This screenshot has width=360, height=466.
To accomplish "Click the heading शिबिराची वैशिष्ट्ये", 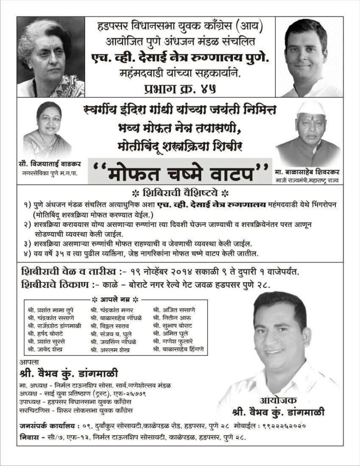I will (x=179, y=192).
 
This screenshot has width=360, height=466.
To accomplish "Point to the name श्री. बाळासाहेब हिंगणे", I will (x=179, y=349).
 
